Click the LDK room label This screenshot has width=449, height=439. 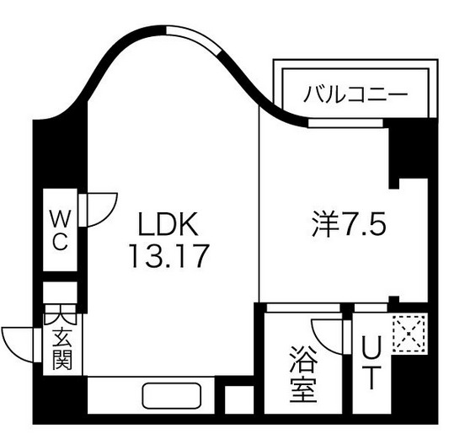168,225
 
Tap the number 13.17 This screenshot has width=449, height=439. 168,254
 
